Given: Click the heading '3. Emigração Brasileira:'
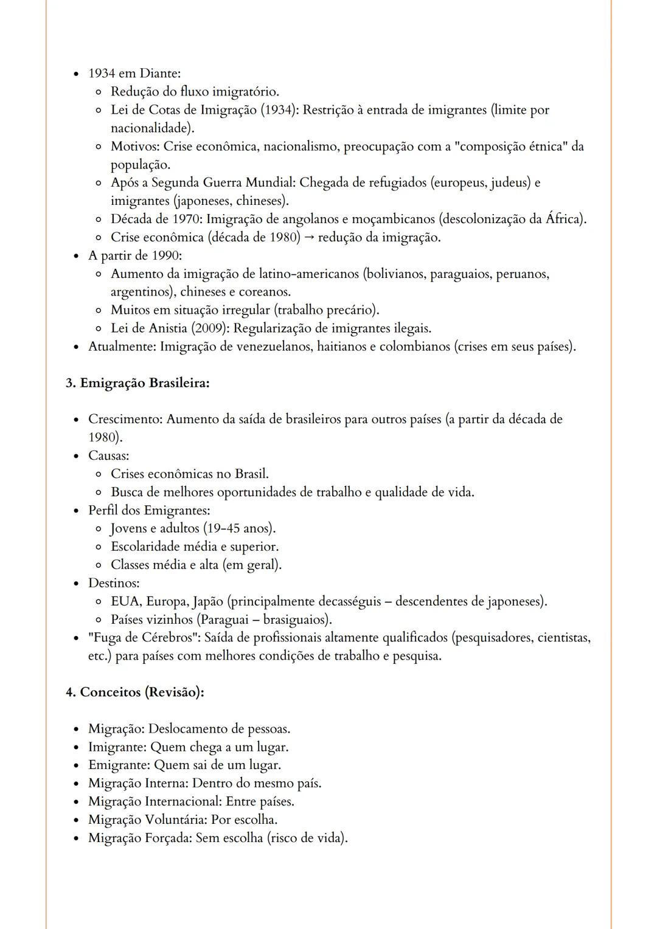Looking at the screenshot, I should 137,383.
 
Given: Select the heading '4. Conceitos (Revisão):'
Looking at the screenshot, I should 134,692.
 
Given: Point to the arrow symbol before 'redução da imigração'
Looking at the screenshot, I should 309,238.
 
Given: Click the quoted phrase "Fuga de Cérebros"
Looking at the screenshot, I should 144,638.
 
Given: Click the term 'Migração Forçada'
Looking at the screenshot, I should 140,838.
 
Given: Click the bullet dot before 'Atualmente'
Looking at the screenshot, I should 76,348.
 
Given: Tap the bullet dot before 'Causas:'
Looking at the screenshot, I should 76,457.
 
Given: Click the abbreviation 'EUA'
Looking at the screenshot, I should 126,602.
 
